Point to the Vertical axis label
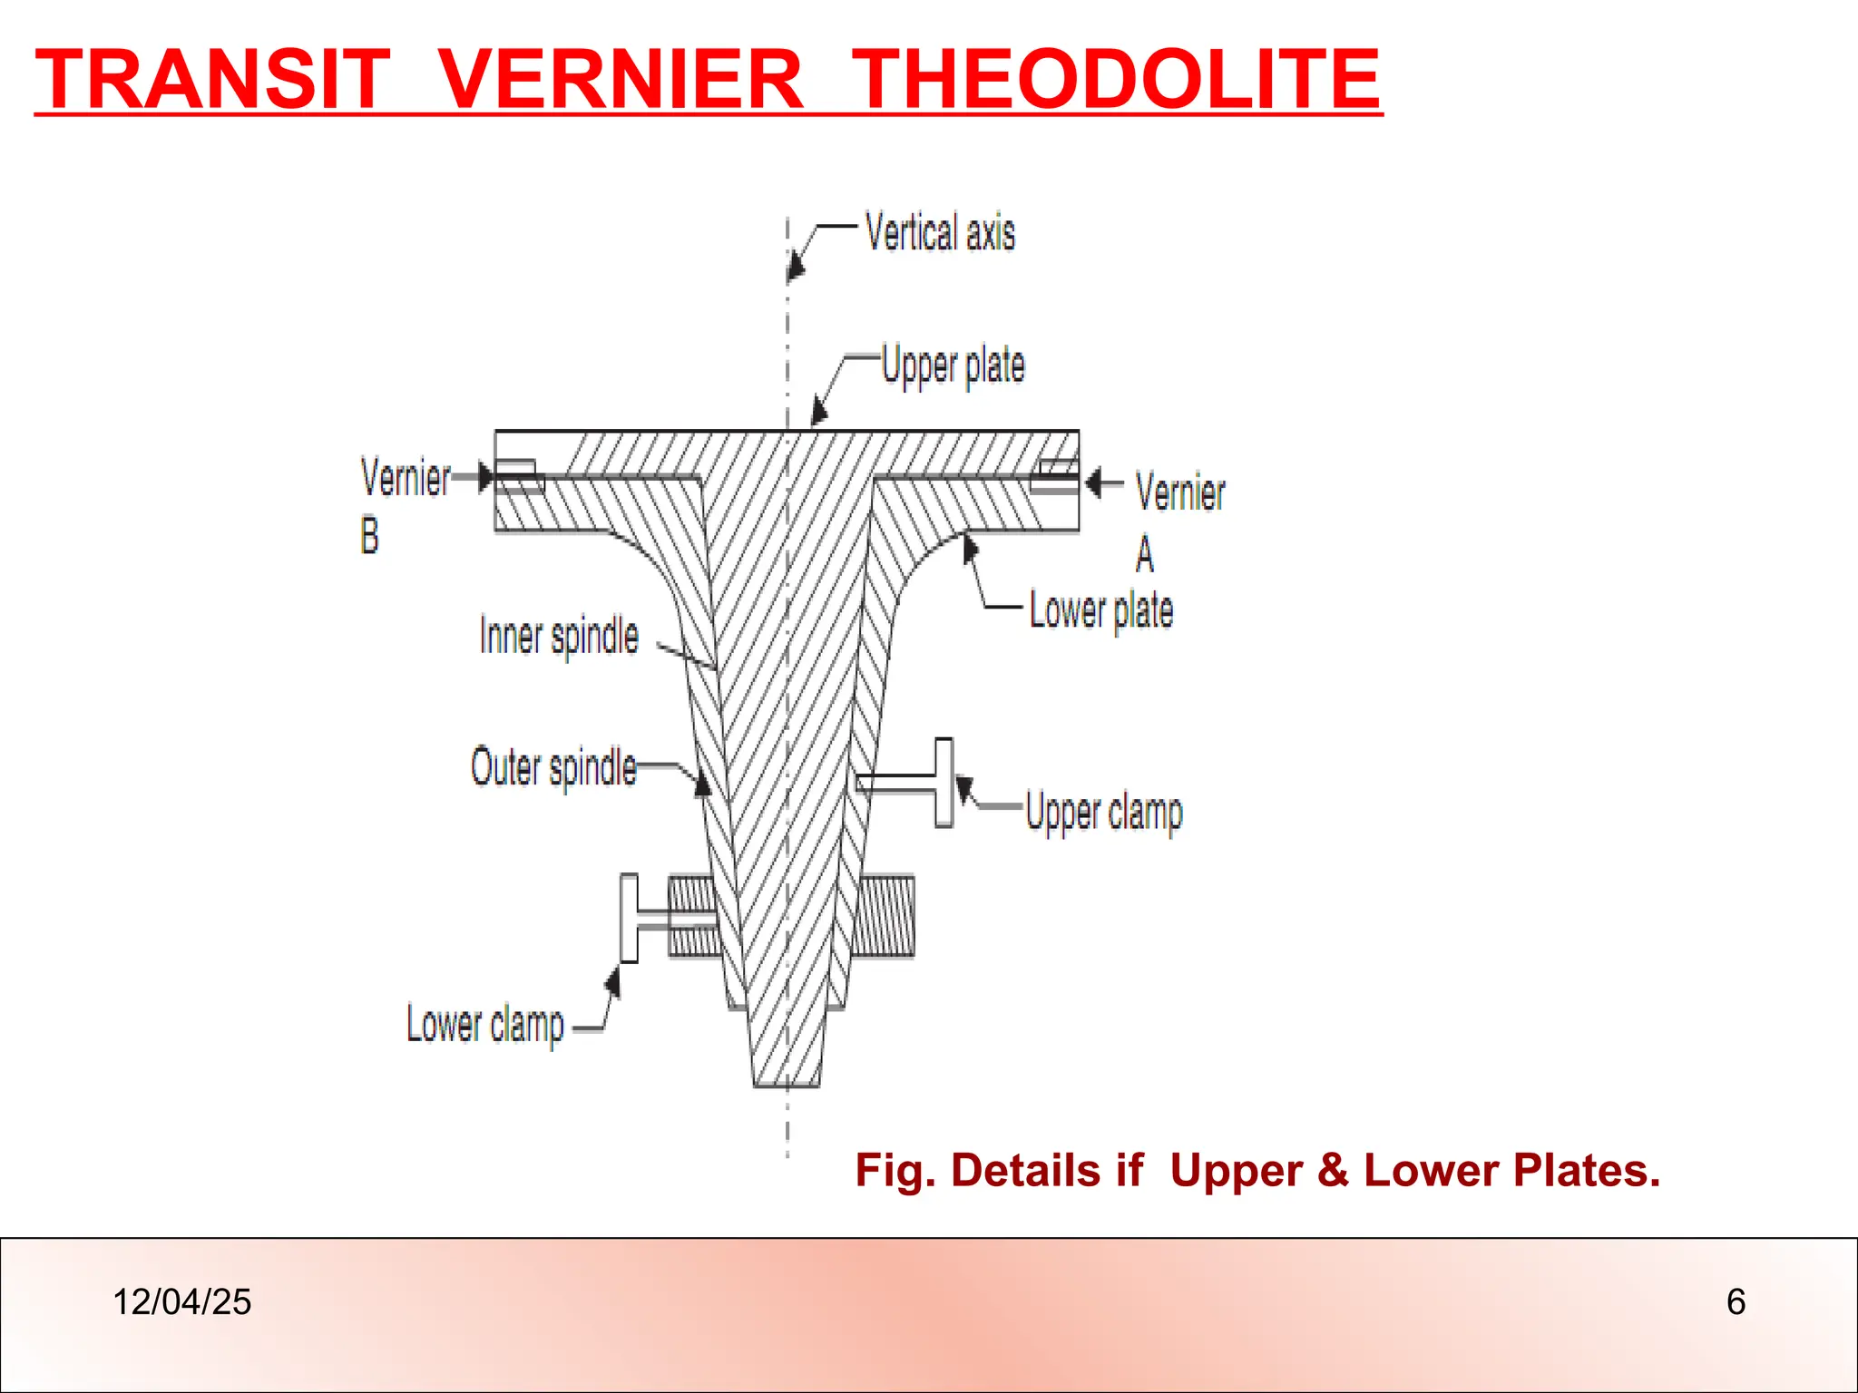pyautogui.click(x=940, y=232)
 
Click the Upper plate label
pyautogui.click(x=953, y=366)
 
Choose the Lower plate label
pyautogui.click(x=1100, y=610)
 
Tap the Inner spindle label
pyautogui.click(x=559, y=636)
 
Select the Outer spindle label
pyautogui.click(x=553, y=768)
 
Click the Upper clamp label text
pyautogui.click(x=1104, y=812)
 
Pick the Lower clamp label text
pyautogui.click(x=485, y=1026)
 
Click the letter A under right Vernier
pyautogui.click(x=1145, y=553)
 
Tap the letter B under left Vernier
pyautogui.click(x=369, y=535)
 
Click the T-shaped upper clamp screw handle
pyautogui.click(x=944, y=782)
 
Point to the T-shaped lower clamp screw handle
pyautogui.click(x=629, y=918)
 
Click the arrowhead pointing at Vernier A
pyautogui.click(x=1093, y=482)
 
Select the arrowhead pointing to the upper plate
pyautogui.click(x=818, y=412)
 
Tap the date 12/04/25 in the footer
pyautogui.click(x=181, y=1302)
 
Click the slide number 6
pyautogui.click(x=1736, y=1302)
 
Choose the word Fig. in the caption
pyautogui.click(x=894, y=1170)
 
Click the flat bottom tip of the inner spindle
pyautogui.click(x=787, y=1083)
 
